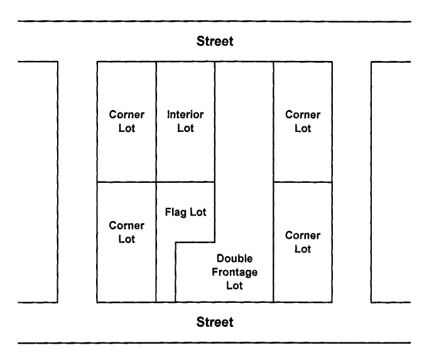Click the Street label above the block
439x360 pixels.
pyautogui.click(x=215, y=42)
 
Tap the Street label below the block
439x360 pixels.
pyautogui.click(x=215, y=322)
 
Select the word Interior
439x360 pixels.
pyautogui.click(x=185, y=116)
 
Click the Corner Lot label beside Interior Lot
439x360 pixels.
pyautogui.click(x=127, y=122)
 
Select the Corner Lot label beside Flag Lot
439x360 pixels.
pyautogui.click(x=127, y=232)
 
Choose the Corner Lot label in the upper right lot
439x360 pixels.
pyautogui.click(x=303, y=122)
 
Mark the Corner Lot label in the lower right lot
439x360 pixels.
pyautogui.click(x=303, y=242)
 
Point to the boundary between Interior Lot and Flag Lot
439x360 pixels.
pyautogui.click(x=185, y=182)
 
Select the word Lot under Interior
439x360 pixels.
pyautogui.click(x=185, y=129)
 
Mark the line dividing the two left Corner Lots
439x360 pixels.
pyautogui.click(x=126, y=182)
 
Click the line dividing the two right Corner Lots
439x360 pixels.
pyautogui.click(x=303, y=182)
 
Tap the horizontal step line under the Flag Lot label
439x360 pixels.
pyautogui.click(x=195, y=242)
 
